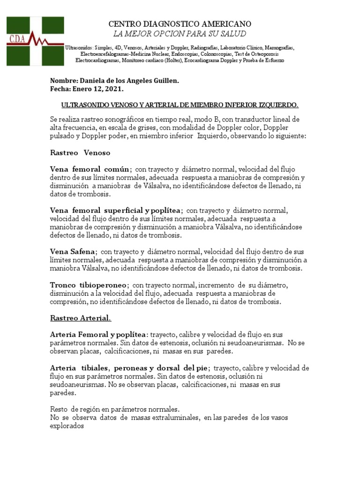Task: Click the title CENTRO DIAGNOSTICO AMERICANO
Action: click(180, 24)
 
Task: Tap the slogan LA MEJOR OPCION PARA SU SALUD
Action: click(180, 34)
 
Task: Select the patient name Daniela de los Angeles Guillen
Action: click(126, 81)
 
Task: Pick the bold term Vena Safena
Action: click(73, 252)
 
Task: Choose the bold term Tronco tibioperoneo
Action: click(88, 285)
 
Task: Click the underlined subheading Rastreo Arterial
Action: click(81, 319)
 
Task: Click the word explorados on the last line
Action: click(67, 427)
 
